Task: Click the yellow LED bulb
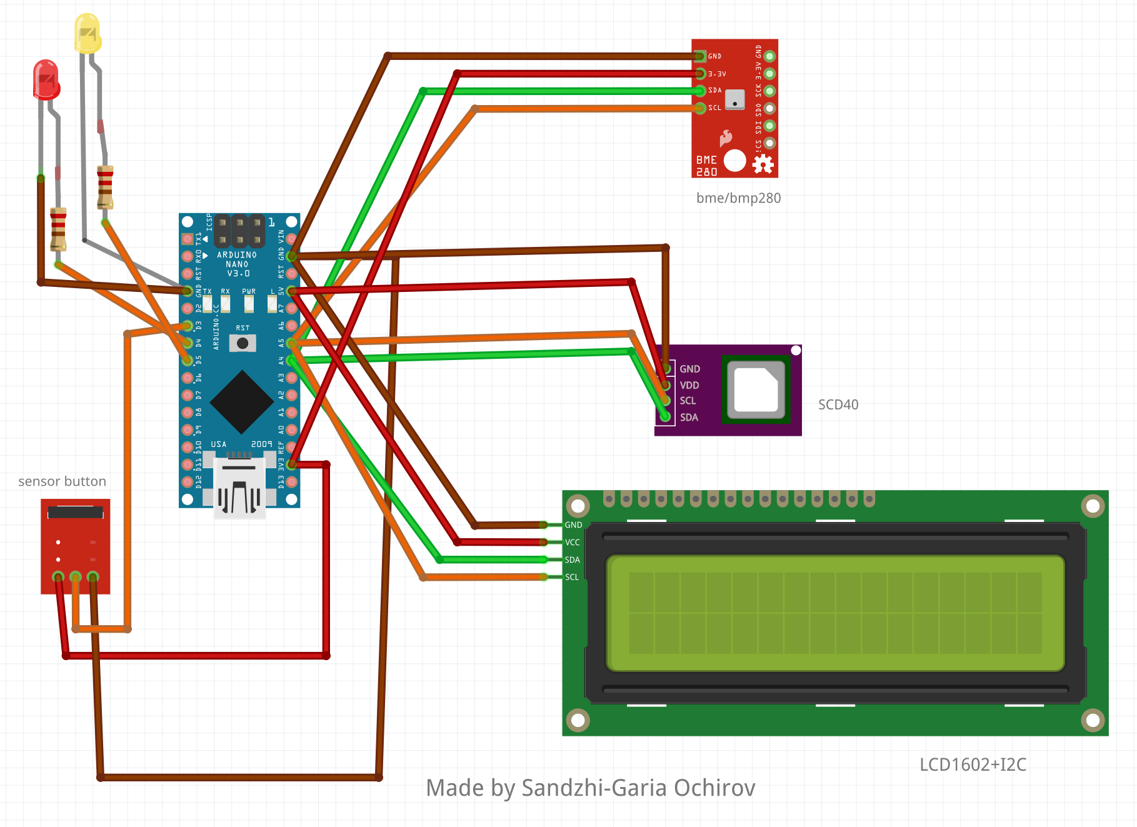point(88,33)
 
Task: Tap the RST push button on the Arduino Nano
point(243,343)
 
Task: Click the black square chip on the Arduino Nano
point(243,402)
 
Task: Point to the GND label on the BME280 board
point(714,56)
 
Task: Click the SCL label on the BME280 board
point(714,108)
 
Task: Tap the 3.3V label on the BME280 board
point(717,74)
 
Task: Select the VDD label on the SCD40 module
point(689,385)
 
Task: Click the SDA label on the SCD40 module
point(689,417)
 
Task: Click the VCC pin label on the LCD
point(572,543)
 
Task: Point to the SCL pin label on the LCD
point(572,577)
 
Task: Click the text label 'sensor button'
point(62,481)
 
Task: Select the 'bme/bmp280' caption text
point(738,198)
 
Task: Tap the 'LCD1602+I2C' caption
point(973,764)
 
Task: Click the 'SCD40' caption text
point(838,404)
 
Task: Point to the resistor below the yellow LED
point(105,187)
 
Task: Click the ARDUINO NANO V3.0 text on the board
point(237,264)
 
